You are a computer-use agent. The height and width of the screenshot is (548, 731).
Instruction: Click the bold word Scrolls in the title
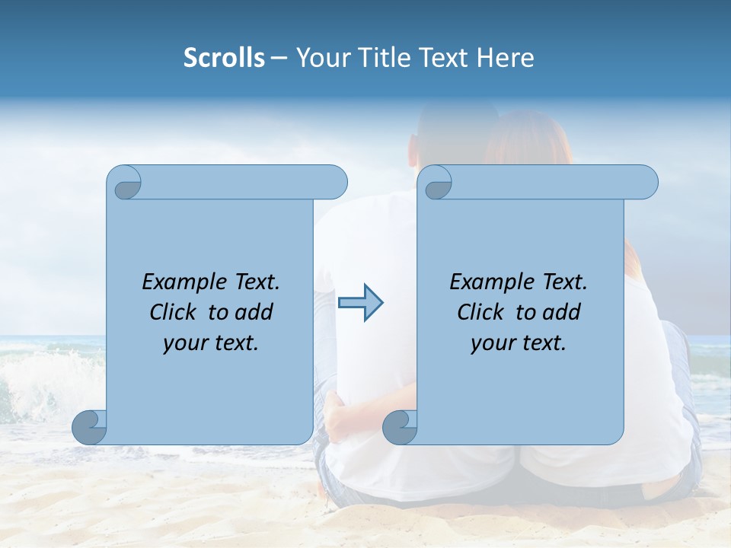[224, 58]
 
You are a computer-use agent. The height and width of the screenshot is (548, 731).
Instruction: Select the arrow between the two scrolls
[360, 303]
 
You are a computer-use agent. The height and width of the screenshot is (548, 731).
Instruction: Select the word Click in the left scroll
[174, 312]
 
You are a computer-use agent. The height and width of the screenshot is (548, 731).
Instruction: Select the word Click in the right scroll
[481, 312]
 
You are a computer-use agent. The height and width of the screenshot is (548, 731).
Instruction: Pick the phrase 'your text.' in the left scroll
[211, 343]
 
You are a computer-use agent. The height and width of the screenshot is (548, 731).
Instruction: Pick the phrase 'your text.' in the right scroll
[519, 343]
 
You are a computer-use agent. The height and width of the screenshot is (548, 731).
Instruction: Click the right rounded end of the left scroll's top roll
[336, 183]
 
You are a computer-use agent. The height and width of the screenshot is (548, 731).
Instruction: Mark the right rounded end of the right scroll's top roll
[646, 183]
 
